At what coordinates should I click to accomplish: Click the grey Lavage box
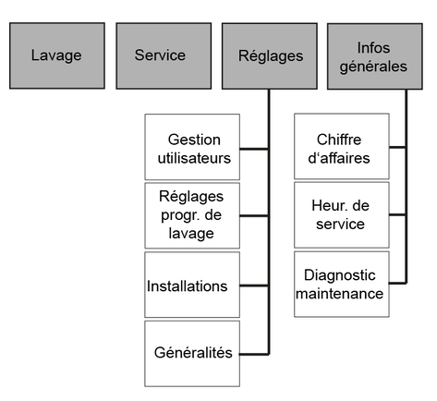coord(57,55)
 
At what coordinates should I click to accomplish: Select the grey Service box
coord(164,55)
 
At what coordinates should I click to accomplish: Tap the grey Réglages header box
coord(270,56)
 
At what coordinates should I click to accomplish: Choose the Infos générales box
coord(375,56)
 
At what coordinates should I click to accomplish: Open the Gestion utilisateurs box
coord(192,147)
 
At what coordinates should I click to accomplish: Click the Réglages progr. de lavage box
coord(192,215)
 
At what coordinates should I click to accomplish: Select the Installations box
coord(192,285)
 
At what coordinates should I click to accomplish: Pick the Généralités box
coord(192,354)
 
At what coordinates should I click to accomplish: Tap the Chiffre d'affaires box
coord(342,146)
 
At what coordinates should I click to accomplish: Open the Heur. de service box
coord(342,215)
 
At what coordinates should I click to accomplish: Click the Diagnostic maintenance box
coord(342,284)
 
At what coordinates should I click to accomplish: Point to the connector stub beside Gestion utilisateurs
coord(254,149)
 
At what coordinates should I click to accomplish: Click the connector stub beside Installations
coord(254,286)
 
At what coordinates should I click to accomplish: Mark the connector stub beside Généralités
coord(254,355)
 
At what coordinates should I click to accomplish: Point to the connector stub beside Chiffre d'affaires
coord(397,147)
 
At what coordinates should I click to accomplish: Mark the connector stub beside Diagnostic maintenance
coord(397,283)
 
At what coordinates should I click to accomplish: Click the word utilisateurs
coord(194,158)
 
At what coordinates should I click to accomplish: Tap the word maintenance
coord(340,294)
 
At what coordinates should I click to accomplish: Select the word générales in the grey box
coord(373,67)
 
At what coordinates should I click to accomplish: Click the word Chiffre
coord(339,140)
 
